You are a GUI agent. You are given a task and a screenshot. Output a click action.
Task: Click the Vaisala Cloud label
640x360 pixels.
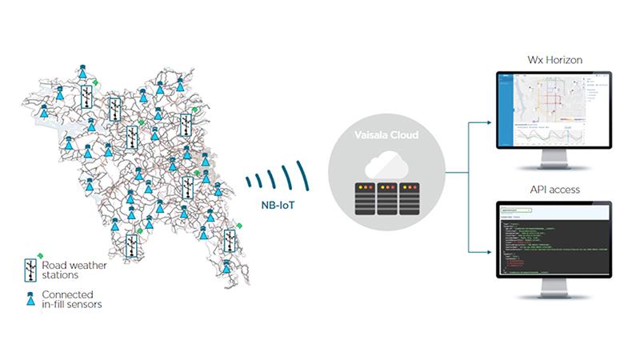click(x=386, y=135)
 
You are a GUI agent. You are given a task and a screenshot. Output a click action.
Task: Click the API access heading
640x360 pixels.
click(x=553, y=190)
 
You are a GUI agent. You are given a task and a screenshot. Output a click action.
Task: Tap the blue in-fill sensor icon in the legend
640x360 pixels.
click(x=31, y=300)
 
